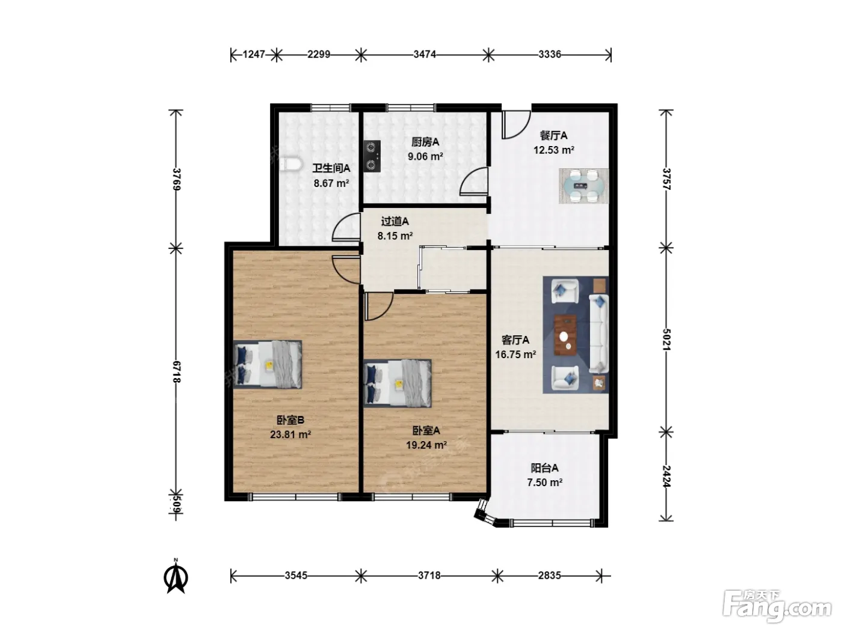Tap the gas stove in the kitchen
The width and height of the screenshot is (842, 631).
(372, 156)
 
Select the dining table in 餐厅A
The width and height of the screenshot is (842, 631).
(583, 186)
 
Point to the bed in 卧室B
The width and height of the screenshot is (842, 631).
(268, 364)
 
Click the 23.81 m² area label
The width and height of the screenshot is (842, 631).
(290, 434)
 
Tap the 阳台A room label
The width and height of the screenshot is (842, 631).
(544, 468)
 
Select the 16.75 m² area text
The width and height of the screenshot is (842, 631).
(515, 355)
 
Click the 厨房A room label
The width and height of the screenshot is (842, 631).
(425, 142)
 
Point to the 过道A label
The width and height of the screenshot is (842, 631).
(395, 221)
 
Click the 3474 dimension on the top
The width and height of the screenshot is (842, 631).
(424, 55)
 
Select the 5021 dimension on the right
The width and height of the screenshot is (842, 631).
(667, 340)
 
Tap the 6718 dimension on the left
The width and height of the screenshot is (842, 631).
(176, 371)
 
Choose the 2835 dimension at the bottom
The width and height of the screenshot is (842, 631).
(549, 575)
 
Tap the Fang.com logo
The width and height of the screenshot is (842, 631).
(777, 607)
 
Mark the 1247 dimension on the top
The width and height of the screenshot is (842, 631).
(254, 55)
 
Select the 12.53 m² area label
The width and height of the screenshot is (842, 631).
(553, 150)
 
